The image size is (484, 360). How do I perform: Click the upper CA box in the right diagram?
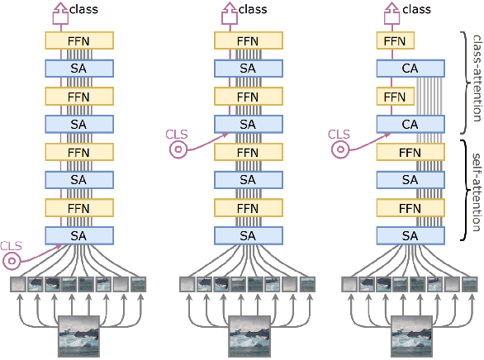(412, 69)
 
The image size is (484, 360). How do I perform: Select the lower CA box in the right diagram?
(412, 125)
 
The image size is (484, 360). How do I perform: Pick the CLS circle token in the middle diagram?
(178, 149)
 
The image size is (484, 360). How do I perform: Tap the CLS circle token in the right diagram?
(339, 149)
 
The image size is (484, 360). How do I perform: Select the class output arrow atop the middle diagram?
(225, 11)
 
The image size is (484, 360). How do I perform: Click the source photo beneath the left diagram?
(78, 334)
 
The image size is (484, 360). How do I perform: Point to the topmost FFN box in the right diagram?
(396, 40)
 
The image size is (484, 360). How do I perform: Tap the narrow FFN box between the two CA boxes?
(396, 97)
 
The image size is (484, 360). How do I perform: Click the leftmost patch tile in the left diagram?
(18, 285)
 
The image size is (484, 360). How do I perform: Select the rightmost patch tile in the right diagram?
(471, 285)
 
